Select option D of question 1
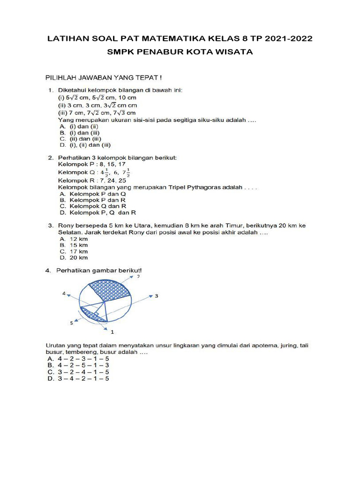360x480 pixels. (84, 145)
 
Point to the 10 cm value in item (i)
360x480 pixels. (128, 98)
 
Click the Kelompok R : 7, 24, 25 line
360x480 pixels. (91, 180)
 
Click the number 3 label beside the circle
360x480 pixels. (157, 296)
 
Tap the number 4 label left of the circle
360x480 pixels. (64, 293)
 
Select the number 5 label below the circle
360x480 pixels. (72, 323)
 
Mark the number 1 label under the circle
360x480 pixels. (112, 332)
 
